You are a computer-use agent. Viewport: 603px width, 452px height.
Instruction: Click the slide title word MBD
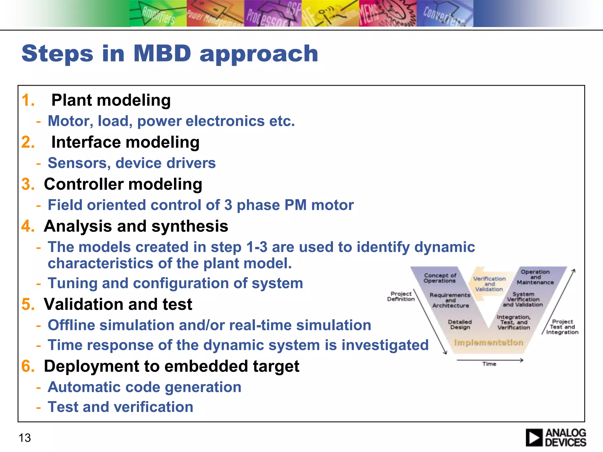point(162,54)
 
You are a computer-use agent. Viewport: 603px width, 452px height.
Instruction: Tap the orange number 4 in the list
point(28,226)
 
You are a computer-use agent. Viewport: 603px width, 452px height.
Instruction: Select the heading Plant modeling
point(111,100)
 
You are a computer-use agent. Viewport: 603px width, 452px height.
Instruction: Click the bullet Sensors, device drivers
point(131,163)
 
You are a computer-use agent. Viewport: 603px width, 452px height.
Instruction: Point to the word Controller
point(84,184)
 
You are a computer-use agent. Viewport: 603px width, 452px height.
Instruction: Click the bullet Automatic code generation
point(144,387)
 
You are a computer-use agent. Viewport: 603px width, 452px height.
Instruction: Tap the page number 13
point(25,438)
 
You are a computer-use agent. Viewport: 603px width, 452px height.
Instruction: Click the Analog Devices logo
point(556,438)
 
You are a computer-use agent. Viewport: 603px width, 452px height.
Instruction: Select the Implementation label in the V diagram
point(488,343)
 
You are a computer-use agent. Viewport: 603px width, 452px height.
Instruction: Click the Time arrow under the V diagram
point(490,360)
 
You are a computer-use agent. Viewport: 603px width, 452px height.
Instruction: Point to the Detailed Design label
point(460,325)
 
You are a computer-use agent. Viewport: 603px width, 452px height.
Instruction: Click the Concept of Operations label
point(440,278)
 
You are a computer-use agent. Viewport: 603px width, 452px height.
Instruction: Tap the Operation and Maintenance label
point(535,277)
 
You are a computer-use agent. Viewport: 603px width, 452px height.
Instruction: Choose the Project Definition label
point(401,296)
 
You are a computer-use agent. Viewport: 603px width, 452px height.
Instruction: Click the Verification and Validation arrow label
point(489,284)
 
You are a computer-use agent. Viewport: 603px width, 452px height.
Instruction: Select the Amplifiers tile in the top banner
point(158,14)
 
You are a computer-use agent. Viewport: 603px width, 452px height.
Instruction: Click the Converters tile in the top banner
point(445,14)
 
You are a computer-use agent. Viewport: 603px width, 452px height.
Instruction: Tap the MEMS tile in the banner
point(387,14)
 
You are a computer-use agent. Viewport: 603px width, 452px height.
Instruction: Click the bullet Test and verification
point(120,407)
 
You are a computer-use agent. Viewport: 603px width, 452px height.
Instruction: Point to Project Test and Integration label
point(562,327)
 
